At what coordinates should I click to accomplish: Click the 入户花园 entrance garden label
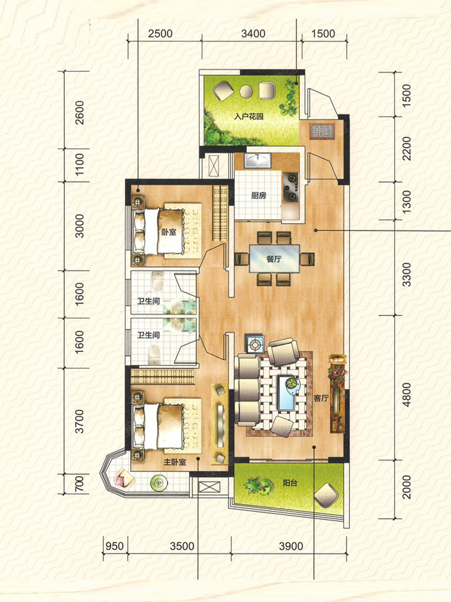click(249, 116)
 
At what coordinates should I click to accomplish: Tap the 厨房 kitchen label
click(259, 196)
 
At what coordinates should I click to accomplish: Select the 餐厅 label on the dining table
click(274, 259)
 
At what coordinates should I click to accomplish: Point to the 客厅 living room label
click(321, 398)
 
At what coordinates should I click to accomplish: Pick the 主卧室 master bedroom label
click(175, 462)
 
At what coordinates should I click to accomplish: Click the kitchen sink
click(258, 160)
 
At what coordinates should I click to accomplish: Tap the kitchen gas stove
click(291, 187)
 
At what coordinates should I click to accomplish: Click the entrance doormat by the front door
click(322, 131)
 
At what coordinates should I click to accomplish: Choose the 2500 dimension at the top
click(160, 34)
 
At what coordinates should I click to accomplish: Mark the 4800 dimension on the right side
click(407, 395)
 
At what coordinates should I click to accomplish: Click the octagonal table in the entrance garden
click(246, 91)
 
